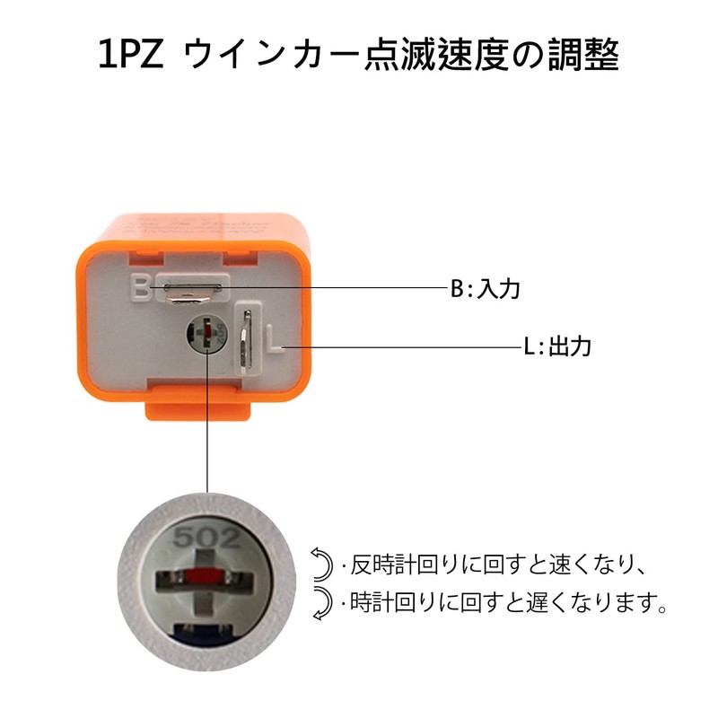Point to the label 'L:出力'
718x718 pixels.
pos(556,346)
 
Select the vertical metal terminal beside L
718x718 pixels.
pos(246,341)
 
